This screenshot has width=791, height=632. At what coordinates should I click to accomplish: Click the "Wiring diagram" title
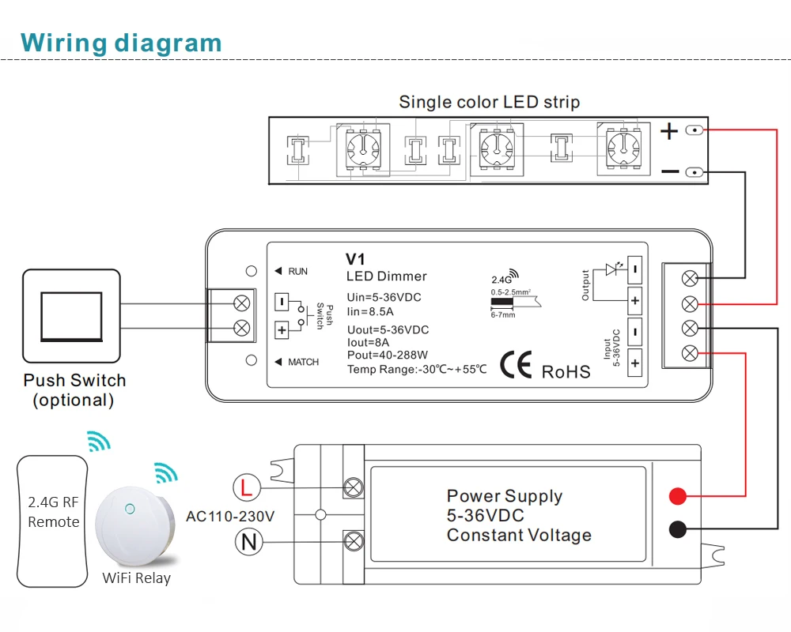(x=121, y=42)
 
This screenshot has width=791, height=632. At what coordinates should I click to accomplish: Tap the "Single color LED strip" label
(x=489, y=102)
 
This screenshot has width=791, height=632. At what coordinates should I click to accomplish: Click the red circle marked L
(x=246, y=487)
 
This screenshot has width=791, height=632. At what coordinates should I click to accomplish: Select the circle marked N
(x=247, y=541)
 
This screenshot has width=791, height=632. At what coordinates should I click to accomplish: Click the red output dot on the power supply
(x=677, y=496)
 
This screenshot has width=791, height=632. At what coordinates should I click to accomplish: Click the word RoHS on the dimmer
(x=566, y=371)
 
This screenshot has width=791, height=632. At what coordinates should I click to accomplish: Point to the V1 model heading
(x=358, y=259)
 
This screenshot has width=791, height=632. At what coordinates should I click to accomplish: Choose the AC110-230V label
(x=230, y=517)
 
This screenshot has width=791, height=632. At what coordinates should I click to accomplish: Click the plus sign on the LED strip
(x=669, y=131)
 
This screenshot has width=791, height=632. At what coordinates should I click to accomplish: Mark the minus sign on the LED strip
(x=669, y=171)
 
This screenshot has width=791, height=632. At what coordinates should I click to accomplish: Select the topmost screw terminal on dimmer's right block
(x=689, y=278)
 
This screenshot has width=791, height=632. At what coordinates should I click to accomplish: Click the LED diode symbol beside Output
(x=611, y=269)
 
